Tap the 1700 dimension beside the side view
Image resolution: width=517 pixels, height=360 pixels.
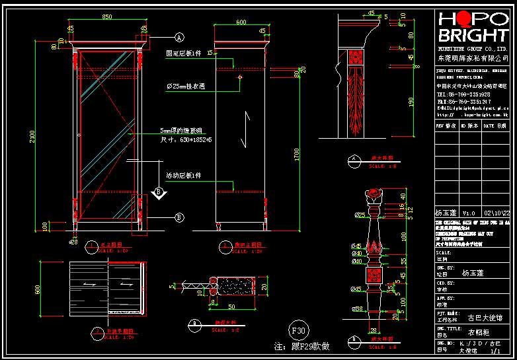297,155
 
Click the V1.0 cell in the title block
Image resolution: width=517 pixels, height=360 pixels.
468,213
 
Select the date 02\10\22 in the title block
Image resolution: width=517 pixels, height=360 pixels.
497,213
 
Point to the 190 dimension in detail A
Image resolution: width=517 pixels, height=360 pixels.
411,101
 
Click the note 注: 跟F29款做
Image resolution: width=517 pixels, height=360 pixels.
301,346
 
